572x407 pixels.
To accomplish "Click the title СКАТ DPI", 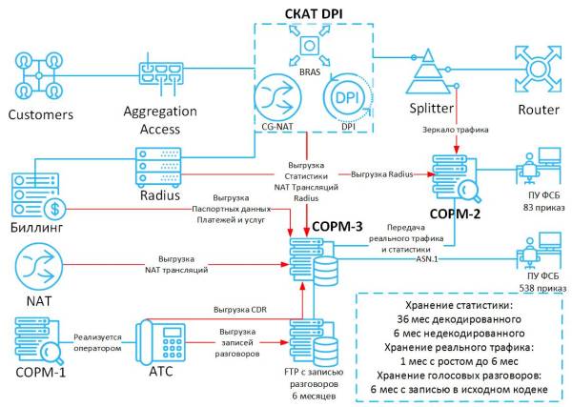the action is tap(314, 13).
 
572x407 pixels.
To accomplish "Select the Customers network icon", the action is tap(39, 75).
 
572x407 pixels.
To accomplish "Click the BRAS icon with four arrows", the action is tap(309, 46).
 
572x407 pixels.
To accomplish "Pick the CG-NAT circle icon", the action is tap(277, 98).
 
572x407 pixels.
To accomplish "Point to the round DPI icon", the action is tap(348, 98).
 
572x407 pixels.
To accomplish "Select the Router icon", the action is tap(538, 69).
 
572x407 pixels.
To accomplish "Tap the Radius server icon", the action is tap(158, 167).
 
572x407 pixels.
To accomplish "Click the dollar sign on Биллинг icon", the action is tap(54, 209).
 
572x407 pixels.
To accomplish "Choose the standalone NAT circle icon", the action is tap(39, 267).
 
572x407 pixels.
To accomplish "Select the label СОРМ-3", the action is tap(337, 227).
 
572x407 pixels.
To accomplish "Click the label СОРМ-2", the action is tap(455, 214).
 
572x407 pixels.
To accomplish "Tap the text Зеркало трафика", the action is tap(456, 130).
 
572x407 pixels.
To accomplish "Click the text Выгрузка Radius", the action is tap(382, 174).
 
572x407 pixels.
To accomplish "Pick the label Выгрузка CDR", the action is tap(240, 310).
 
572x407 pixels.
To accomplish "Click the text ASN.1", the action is tap(427, 259).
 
